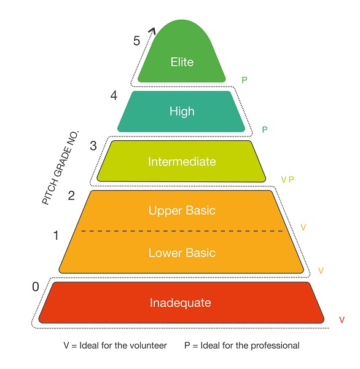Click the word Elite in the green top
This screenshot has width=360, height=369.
coord(182,62)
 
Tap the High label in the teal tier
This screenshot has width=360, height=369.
coord(182,111)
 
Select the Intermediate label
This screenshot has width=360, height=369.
coord(182,162)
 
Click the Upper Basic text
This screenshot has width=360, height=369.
coord(182,210)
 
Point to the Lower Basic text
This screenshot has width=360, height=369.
coord(182,253)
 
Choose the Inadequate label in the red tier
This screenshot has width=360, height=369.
coord(181,303)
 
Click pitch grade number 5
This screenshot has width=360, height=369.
coord(136,41)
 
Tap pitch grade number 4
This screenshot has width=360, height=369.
coord(114,96)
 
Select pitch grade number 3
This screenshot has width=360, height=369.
coord(93,146)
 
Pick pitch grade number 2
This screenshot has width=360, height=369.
coord(71,196)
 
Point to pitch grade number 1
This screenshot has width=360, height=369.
coord(56,236)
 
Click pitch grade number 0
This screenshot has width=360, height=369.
coord(36,287)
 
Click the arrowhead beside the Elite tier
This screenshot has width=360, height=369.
coord(152,31)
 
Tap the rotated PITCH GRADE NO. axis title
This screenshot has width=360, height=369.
coord(60,168)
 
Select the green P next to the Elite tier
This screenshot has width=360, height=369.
coord(245,80)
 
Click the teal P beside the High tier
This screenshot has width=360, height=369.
coord(265,130)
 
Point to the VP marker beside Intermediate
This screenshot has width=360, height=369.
coord(288,180)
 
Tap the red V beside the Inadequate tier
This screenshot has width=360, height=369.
coord(342,320)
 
